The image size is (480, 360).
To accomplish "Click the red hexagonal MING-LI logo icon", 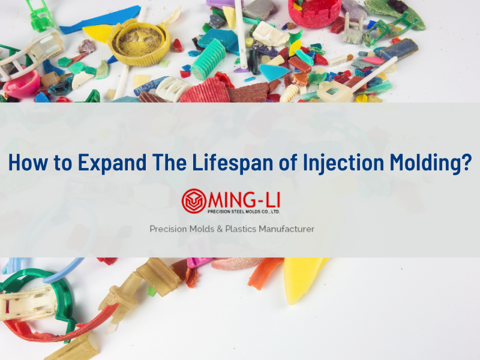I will click(x=193, y=200).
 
